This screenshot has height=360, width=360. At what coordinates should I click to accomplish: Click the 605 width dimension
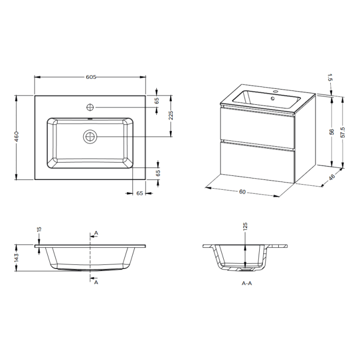click(x=91, y=77)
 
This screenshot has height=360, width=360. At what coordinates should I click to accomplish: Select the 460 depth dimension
click(x=17, y=137)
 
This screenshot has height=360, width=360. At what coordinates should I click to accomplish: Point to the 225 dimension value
click(x=171, y=116)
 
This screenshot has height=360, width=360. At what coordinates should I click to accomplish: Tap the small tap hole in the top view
click(x=91, y=107)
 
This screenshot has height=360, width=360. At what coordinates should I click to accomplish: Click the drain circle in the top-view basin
click(x=91, y=136)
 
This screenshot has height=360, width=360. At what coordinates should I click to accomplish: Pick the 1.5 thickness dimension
click(x=329, y=78)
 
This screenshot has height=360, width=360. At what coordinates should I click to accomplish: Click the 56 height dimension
click(x=332, y=132)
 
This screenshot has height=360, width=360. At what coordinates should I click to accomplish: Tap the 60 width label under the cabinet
click(x=242, y=192)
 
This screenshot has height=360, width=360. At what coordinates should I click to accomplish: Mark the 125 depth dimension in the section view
click(x=245, y=226)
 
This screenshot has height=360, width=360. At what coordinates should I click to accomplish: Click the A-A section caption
click(x=246, y=283)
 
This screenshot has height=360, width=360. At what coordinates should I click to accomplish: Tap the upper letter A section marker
click(x=96, y=233)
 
